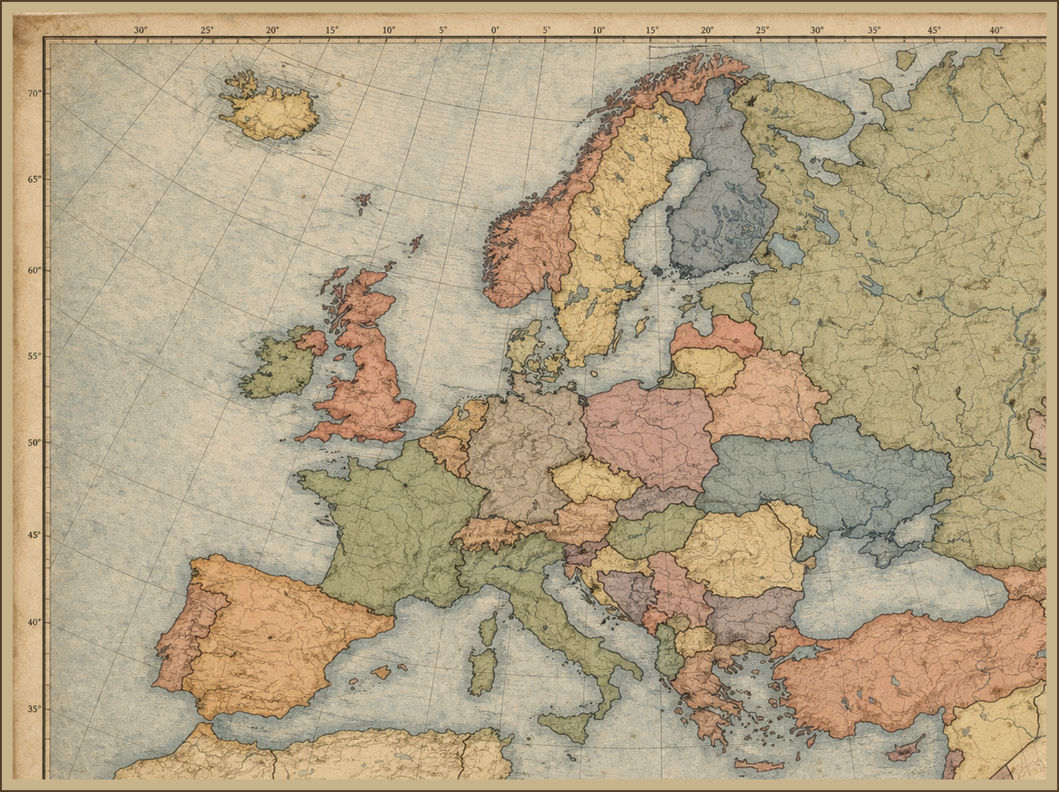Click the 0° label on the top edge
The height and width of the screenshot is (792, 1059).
[495, 30]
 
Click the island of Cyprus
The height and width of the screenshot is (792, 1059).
[906, 750]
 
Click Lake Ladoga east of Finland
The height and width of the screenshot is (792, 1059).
[786, 249]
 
